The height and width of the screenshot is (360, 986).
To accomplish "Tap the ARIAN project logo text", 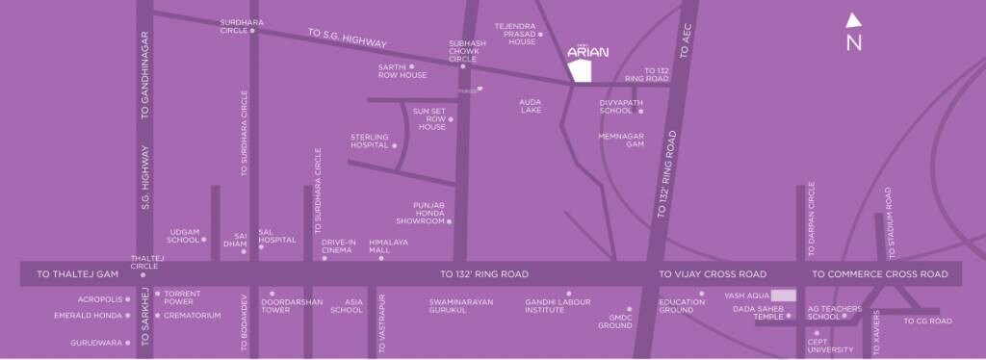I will click(x=587, y=54).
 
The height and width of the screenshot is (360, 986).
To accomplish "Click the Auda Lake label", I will click(x=530, y=105).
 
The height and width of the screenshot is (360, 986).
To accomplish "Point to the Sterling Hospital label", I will click(x=370, y=141).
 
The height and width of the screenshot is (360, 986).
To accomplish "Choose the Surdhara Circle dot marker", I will click(x=252, y=31).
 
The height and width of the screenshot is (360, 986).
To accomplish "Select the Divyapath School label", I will click(x=616, y=106).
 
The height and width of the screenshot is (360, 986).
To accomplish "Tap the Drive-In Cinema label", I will click(x=338, y=245).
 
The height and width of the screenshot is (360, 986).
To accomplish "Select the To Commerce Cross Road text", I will click(x=879, y=274).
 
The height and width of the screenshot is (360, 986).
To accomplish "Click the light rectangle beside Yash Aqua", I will click(x=784, y=296).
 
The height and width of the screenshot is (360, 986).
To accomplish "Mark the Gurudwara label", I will click(x=95, y=342).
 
